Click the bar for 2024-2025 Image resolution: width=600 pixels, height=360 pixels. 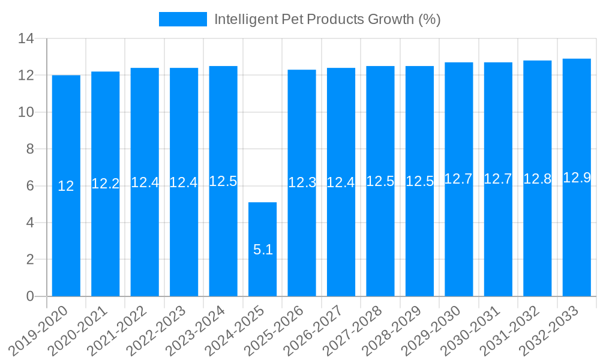pyautogui.click(x=262, y=249)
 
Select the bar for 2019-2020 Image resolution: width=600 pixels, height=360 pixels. pyautogui.click(x=66, y=185)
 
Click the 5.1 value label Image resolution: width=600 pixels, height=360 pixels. pyautogui.click(x=263, y=250)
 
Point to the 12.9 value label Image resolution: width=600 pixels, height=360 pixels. pyautogui.click(x=577, y=178)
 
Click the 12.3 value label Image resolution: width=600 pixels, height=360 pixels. pyautogui.click(x=302, y=183)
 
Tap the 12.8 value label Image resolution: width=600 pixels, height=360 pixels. pyautogui.click(x=537, y=179)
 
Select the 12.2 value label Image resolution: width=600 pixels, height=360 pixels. pyautogui.click(x=106, y=184)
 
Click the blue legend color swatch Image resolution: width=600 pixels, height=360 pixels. pyautogui.click(x=182, y=19)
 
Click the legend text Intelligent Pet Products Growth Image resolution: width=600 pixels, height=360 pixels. pyautogui.click(x=327, y=19)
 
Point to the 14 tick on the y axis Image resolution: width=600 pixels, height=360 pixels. pyautogui.click(x=26, y=39)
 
